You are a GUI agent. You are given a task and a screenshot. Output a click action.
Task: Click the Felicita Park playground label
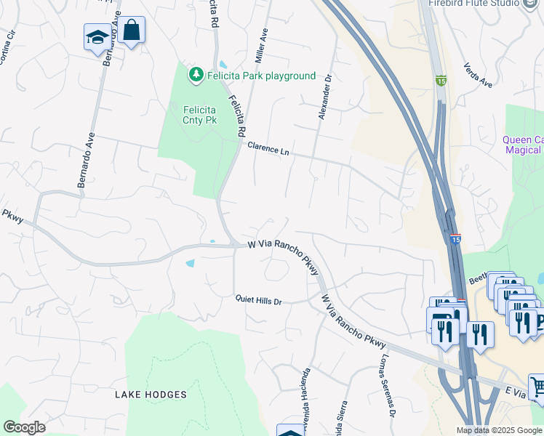tap(261, 76)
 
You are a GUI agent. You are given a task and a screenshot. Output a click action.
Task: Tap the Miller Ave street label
tap(258, 45)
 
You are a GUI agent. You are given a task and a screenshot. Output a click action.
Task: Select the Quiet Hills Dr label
tap(257, 299)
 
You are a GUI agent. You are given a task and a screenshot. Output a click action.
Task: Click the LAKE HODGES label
tap(151, 395)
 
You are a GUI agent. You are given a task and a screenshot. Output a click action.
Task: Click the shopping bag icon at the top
tap(131, 31)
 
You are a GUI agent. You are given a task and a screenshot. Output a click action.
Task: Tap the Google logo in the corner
tap(24, 427)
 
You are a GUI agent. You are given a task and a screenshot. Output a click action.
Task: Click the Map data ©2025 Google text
tap(499, 430)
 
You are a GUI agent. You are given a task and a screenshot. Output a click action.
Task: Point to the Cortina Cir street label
tap(7, 48)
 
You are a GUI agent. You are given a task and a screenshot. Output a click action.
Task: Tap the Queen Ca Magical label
tap(523, 145)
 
